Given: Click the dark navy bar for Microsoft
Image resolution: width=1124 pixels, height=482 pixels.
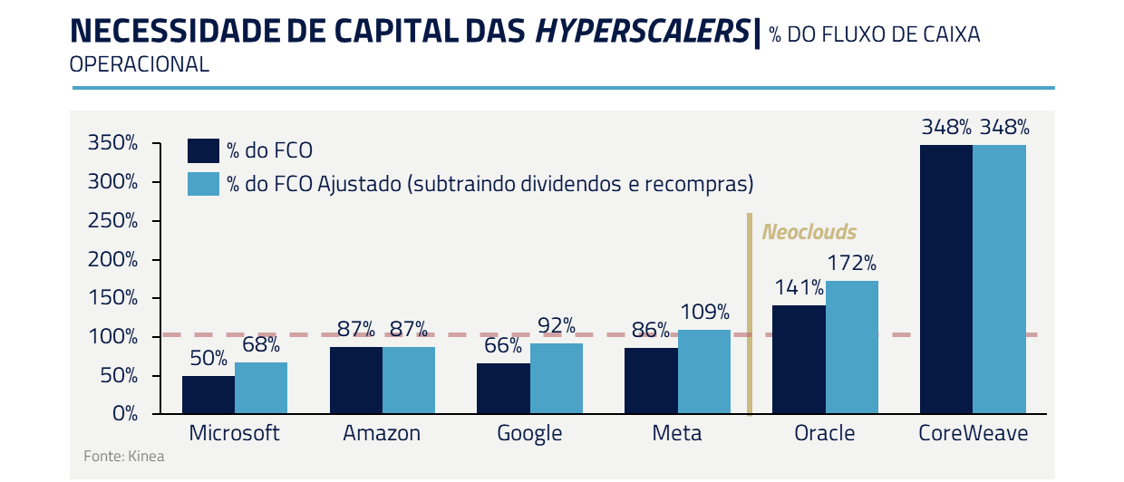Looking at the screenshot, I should tap(208, 395).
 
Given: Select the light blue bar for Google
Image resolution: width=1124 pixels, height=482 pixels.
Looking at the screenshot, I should tap(557, 379).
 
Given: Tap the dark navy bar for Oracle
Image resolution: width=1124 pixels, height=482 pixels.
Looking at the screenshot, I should tap(799, 360).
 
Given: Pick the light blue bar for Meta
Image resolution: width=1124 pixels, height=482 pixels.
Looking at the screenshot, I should tap(704, 371).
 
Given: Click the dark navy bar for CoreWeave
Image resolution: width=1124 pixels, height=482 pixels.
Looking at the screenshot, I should tap(946, 279).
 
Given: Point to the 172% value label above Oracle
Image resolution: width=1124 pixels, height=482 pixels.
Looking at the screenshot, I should tap(852, 264).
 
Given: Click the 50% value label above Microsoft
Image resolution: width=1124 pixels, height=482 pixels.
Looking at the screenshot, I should tap(208, 359).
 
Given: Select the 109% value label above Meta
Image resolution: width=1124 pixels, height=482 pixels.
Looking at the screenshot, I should tap(704, 313).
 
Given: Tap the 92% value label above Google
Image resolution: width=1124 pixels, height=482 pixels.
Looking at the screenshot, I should tap(557, 325).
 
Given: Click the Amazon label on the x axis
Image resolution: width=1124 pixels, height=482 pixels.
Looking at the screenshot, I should tap(382, 434).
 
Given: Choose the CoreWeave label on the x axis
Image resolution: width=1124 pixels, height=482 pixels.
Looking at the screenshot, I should tap(974, 434).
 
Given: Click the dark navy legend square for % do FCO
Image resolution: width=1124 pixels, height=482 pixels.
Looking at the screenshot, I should tap(203, 151).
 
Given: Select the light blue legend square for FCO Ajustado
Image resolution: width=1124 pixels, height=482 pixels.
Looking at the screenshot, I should tap(203, 183).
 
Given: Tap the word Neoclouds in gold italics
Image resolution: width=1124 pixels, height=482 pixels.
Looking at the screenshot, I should tap(809, 232).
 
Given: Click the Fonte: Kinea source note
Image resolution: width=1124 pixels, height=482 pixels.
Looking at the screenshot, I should tap(124, 457).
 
